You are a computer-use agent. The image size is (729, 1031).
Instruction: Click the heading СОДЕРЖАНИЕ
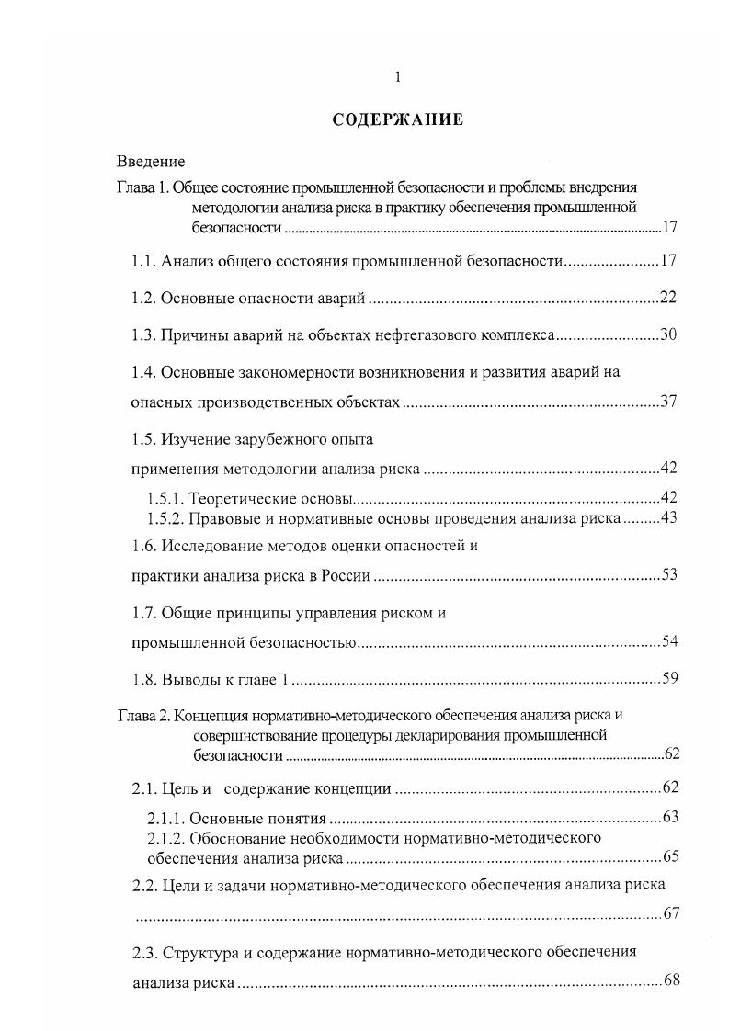coord(397,119)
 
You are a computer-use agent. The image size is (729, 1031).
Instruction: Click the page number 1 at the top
coord(397,77)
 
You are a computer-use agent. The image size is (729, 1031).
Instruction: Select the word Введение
coord(151,162)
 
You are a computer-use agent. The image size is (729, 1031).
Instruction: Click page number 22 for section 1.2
coord(668,298)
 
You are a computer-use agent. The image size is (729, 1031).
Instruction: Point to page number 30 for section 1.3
coord(668,334)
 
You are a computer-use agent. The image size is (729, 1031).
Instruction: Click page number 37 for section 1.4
coord(668,402)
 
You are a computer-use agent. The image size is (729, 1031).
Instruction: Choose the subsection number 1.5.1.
coord(166,499)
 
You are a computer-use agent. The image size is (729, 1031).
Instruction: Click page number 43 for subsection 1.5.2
coord(668,518)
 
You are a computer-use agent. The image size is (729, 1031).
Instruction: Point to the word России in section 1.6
coord(344,576)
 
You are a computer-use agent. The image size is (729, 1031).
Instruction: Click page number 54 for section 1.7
coord(668,641)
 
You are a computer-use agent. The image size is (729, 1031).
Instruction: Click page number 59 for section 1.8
coord(668,680)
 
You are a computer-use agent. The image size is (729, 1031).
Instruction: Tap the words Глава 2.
coord(142,715)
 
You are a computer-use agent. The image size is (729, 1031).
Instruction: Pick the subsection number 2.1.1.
coord(166,818)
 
